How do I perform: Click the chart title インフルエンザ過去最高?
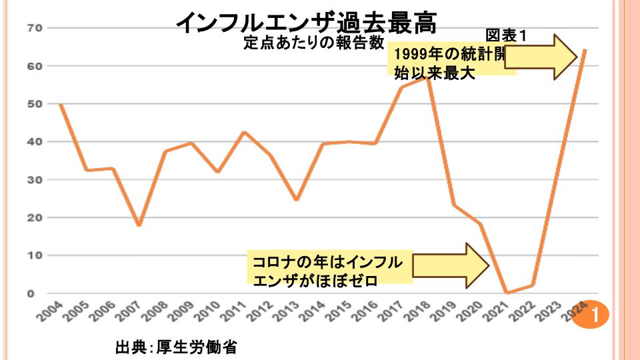pyautogui.click(x=306, y=23)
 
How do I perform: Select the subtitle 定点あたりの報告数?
pyautogui.click(x=313, y=43)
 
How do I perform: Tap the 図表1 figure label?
pyautogui.click(x=506, y=36)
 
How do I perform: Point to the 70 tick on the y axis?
pyautogui.click(x=35, y=28)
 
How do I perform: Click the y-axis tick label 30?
pyautogui.click(x=35, y=180)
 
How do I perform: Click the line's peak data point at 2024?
pyautogui.click(x=585, y=49)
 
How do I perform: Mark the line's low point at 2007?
pyautogui.click(x=139, y=225)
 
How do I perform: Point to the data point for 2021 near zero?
pyautogui.click(x=507, y=293)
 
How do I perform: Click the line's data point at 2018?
pyautogui.click(x=427, y=78)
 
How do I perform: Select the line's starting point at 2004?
pyautogui.click(x=60, y=103)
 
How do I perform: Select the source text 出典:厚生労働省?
pyautogui.click(x=176, y=347)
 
